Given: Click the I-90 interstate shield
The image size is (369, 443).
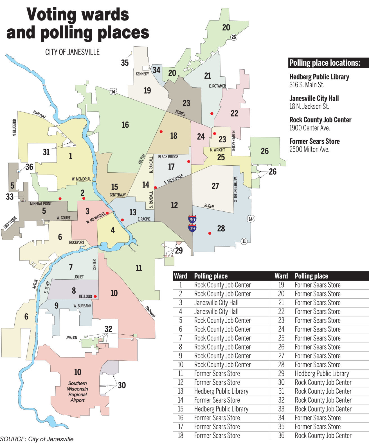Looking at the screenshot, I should (x=192, y=219).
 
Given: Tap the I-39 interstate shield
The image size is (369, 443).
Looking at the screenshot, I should (x=192, y=228).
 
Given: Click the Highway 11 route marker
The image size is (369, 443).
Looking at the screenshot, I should (x=244, y=241).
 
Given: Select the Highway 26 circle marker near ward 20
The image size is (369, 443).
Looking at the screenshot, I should (x=233, y=37).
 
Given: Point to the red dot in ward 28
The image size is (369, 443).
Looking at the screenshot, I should (x=210, y=233).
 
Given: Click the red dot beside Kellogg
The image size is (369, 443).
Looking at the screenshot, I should (x=95, y=296).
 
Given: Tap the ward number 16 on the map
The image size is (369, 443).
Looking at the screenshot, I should (x=125, y=125).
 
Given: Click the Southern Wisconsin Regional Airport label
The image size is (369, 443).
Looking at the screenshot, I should (x=78, y=392).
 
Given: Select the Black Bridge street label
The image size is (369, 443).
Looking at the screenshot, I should (x=168, y=157).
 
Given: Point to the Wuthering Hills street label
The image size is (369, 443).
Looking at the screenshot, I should (x=235, y=189).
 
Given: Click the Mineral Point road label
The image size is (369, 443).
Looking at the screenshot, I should (x=41, y=204).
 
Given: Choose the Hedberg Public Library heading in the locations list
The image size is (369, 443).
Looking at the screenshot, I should (x=319, y=77).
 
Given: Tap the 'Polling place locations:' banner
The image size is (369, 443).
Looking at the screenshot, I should (x=325, y=63).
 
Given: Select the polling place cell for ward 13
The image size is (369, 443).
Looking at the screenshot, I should (x=221, y=391).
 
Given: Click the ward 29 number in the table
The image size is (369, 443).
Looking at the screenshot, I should (x=281, y=373).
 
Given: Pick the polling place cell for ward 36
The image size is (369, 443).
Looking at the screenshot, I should (x=323, y=435).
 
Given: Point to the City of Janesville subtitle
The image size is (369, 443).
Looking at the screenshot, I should (x=72, y=52).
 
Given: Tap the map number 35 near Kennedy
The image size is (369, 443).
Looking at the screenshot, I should (x=125, y=63).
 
